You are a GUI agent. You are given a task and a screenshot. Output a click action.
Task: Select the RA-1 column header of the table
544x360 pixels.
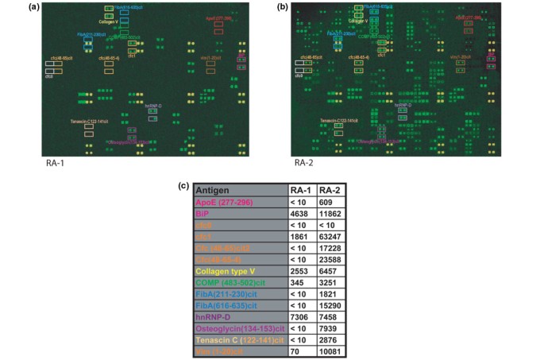tap(299, 191)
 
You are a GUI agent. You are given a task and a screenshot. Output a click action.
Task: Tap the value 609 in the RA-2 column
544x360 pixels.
tap(329, 203)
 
